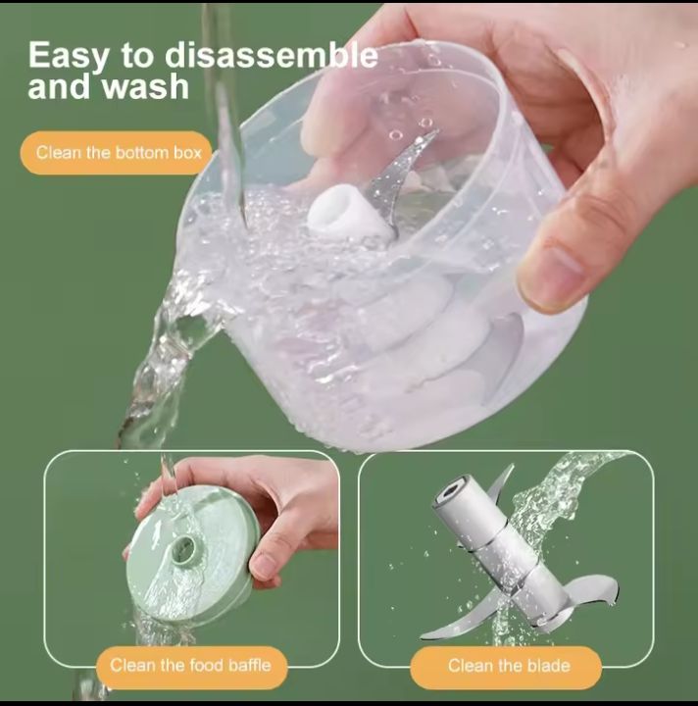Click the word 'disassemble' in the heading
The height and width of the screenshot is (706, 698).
click(272, 55)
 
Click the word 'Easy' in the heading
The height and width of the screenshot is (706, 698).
click(69, 57)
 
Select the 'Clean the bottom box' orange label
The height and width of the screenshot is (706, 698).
click(116, 153)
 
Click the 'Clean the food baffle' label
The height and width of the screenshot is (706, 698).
click(191, 666)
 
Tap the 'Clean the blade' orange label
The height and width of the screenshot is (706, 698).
click(506, 666)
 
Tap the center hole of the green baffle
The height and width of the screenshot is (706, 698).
click(185, 549)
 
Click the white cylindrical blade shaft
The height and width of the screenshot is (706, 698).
click(501, 551)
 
